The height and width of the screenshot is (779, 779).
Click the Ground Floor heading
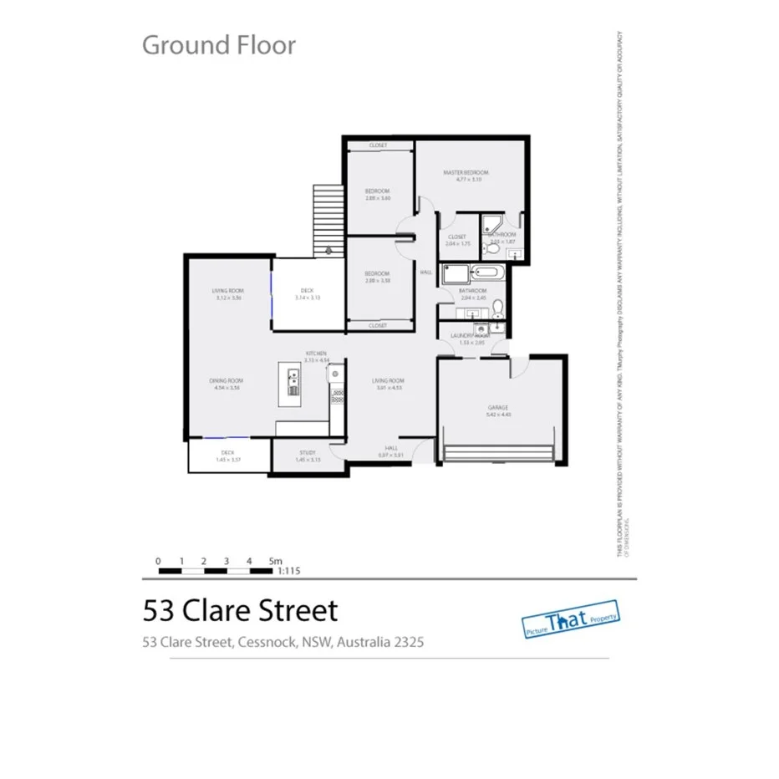click(218, 44)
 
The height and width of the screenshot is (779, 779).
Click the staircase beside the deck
click(328, 221)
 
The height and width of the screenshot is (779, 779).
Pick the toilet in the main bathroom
click(498, 309)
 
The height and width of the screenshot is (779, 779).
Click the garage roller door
click(499, 455)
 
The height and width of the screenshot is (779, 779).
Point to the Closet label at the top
click(378, 145)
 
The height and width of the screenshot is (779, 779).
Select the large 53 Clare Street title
click(240, 610)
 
